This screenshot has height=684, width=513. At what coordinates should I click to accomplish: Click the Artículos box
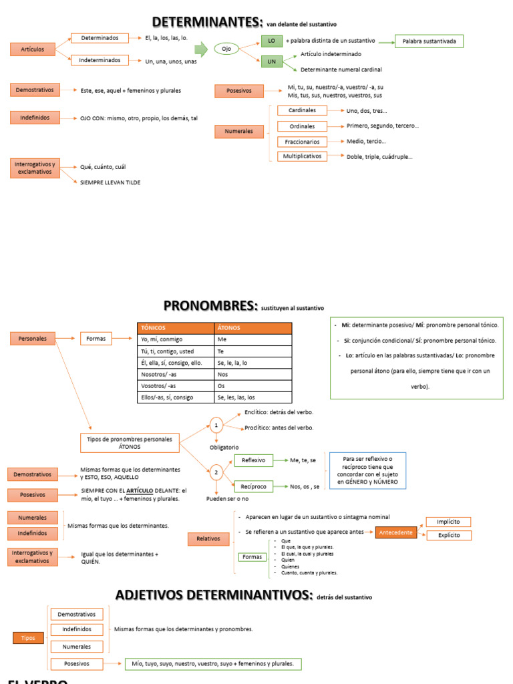[x=32, y=49]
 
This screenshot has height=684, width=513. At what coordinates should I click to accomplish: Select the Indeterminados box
[x=100, y=60]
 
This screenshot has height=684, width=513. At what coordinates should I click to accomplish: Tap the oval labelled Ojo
[x=226, y=49]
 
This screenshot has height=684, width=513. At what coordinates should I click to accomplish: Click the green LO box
[x=271, y=41]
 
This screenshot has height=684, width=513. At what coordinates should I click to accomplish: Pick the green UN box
[x=271, y=61]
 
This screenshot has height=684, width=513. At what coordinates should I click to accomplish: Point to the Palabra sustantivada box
[x=429, y=41]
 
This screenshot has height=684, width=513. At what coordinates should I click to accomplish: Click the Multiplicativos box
[x=302, y=156]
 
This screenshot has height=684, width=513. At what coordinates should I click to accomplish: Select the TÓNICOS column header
[x=176, y=328]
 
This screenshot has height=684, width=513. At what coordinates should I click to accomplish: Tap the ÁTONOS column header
[x=252, y=328]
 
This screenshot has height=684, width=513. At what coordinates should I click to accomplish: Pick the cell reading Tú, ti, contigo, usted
[x=176, y=351]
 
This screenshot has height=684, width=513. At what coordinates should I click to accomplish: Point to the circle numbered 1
[x=216, y=424]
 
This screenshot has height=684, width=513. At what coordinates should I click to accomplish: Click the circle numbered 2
[x=216, y=473]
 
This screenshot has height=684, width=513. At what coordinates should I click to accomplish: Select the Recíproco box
[x=254, y=486]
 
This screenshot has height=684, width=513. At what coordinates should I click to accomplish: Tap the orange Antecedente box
[x=397, y=532]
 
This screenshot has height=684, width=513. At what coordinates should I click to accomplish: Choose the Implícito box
[x=448, y=522]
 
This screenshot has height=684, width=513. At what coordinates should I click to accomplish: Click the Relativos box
[x=208, y=538]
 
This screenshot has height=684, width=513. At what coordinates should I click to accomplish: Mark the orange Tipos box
[x=28, y=638]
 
